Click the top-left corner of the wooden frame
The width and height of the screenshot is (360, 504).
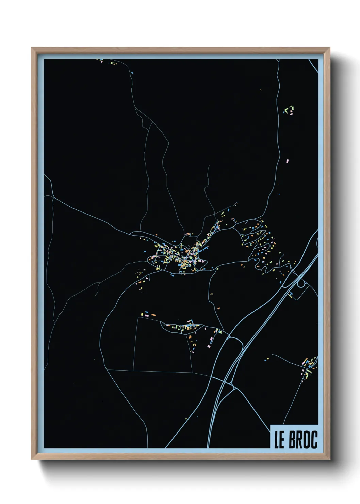pos(32,48)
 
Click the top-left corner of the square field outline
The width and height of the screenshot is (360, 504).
pos(137,318)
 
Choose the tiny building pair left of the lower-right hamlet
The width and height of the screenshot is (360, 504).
pos(267,359)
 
